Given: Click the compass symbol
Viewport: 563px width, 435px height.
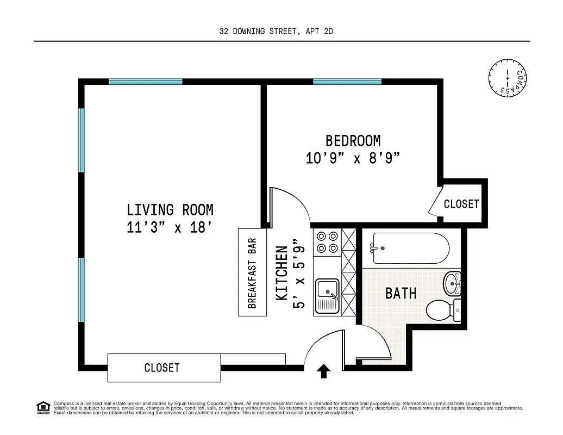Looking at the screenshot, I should [508, 78].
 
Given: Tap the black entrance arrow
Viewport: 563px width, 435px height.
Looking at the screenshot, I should [324, 371].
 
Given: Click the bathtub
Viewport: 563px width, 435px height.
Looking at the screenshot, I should [411, 247].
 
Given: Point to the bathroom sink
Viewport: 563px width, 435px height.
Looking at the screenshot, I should [452, 283].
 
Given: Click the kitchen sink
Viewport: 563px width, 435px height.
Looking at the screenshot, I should [328, 296].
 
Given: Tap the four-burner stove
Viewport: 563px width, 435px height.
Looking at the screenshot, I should [327, 242].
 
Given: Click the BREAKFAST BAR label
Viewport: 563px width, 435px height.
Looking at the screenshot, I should [253, 272].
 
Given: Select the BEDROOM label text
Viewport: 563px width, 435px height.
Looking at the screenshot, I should [353, 141].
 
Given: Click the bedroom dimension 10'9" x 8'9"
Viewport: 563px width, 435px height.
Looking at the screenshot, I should [353, 159].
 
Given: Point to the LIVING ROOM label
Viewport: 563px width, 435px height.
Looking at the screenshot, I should [170, 209].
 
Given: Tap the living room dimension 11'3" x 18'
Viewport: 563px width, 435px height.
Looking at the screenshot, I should [169, 227].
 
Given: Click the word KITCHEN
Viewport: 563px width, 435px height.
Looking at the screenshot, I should [282, 273].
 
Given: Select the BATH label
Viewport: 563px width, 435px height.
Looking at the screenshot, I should [401, 294].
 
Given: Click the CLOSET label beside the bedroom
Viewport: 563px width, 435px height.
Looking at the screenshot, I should [461, 204].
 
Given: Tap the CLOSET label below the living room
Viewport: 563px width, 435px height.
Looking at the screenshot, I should [162, 368].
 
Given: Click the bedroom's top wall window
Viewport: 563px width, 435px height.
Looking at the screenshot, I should [347, 82].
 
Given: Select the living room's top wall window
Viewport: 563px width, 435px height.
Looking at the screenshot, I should [145, 82].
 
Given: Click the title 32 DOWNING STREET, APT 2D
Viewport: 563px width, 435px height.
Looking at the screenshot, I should [276, 32].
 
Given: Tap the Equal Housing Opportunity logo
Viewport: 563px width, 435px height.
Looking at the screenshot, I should [43, 407].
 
